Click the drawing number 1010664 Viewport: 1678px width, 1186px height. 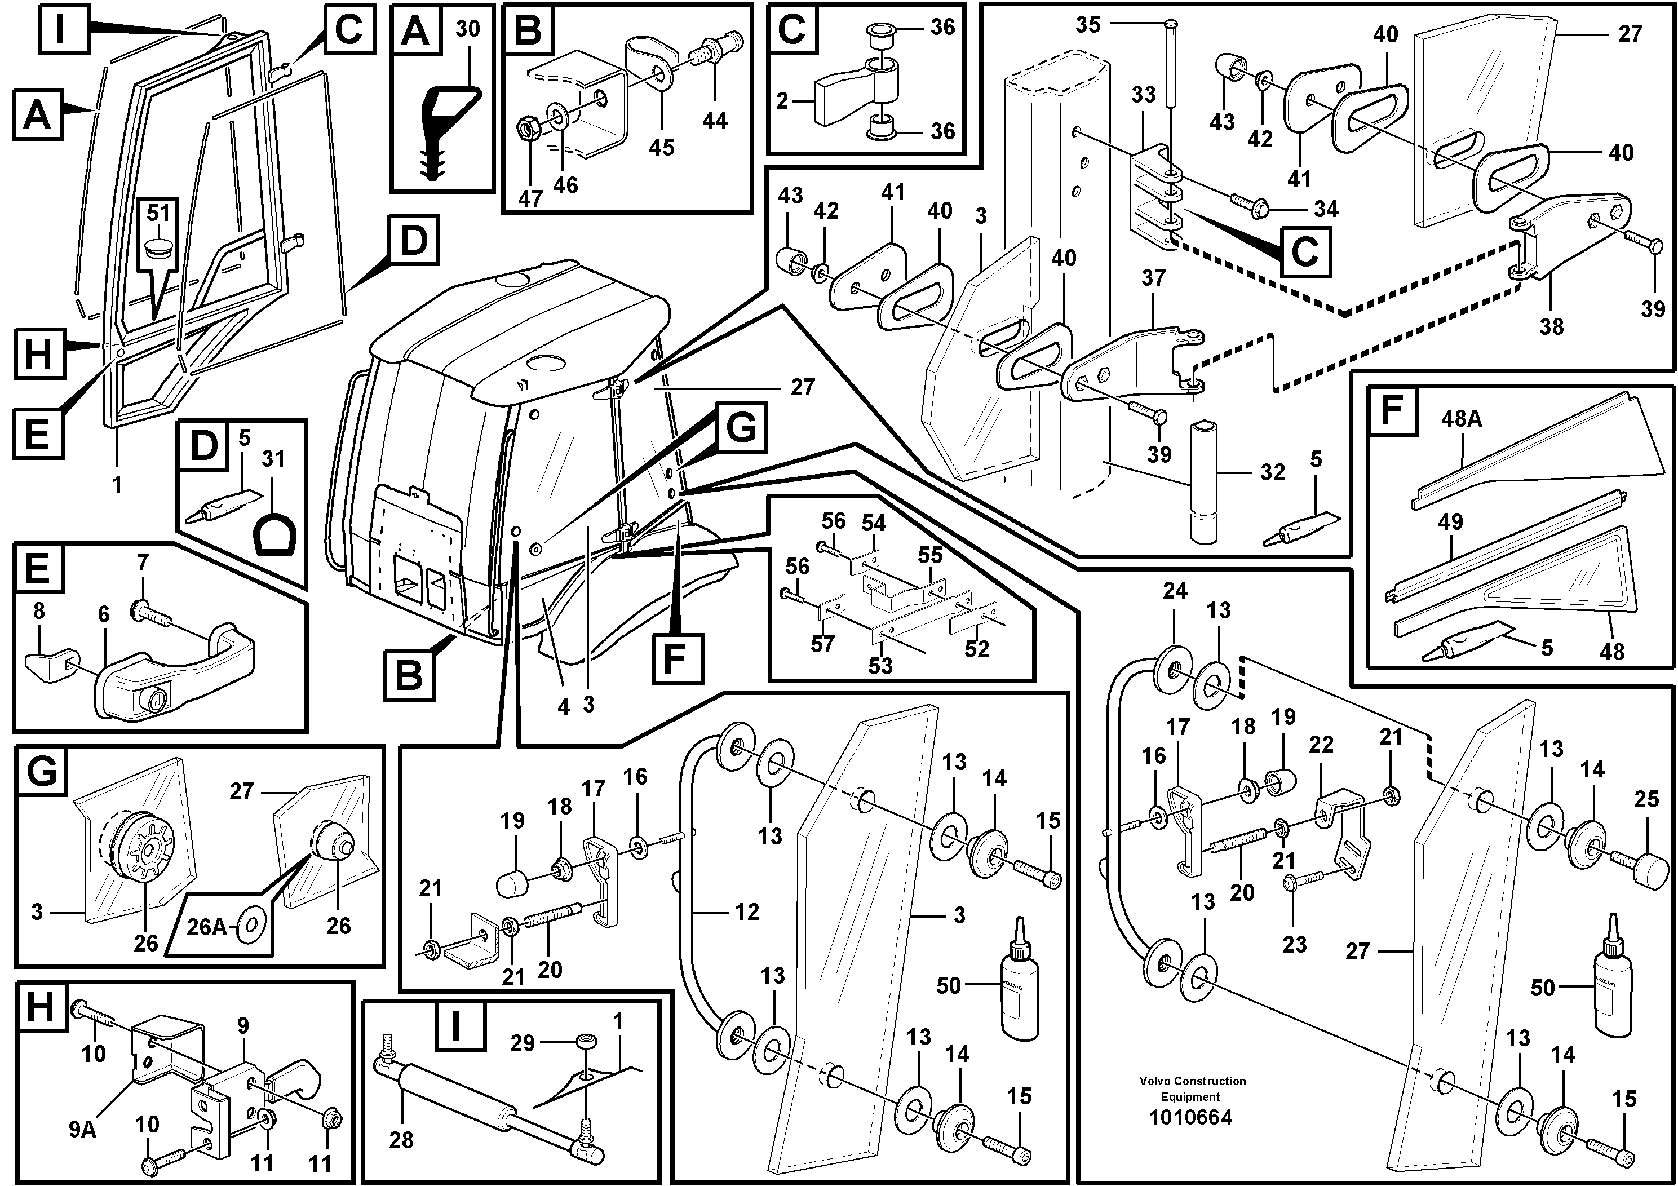click(1190, 1117)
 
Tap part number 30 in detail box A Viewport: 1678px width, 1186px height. click(467, 29)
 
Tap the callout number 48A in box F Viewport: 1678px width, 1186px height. click(1462, 419)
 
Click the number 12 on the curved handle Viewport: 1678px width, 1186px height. click(746, 912)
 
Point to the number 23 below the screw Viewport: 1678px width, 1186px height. click(1294, 944)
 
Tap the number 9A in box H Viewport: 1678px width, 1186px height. click(83, 1130)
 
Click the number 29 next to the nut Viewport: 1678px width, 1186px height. click(523, 1043)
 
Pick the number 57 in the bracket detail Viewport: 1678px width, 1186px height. click(822, 644)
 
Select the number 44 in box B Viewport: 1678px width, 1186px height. click(715, 120)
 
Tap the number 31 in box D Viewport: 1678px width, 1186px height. click(273, 459)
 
